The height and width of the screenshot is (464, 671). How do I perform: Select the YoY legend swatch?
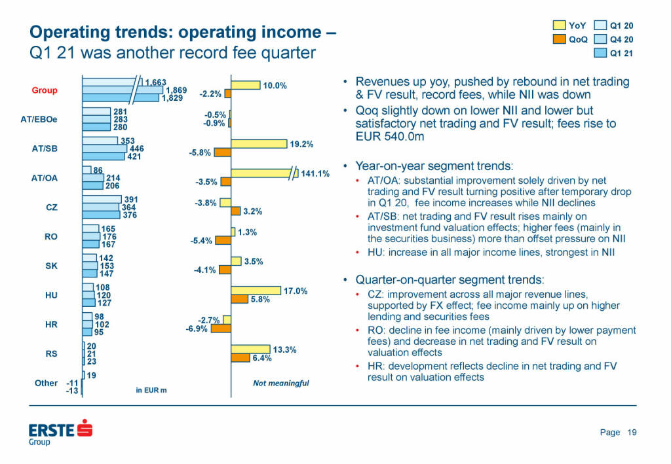559,26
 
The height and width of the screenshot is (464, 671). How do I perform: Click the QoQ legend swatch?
559,39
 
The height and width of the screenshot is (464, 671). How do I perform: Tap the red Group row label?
45,90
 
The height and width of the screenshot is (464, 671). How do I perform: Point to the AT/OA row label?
45,177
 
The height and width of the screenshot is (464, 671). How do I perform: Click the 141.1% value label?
315,173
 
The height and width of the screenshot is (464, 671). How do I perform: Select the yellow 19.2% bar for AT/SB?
259,144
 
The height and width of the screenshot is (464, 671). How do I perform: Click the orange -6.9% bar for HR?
221,329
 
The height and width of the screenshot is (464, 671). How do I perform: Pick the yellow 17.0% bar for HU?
256,291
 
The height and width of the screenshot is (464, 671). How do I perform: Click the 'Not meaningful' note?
280,383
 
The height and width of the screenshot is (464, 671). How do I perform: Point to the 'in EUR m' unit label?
151,390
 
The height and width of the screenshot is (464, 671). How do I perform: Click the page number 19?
632,432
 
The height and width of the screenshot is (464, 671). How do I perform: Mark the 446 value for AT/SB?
136,149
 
